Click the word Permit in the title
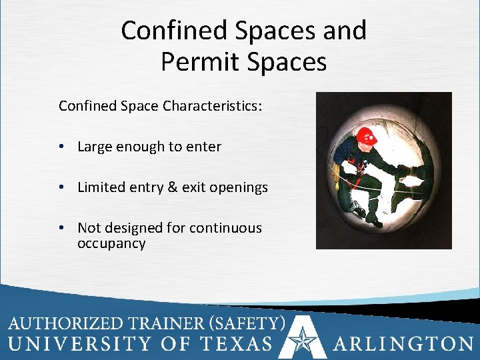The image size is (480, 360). (194, 62)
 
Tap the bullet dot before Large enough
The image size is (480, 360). (61, 147)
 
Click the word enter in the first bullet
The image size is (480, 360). (203, 147)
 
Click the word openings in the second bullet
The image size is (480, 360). (238, 188)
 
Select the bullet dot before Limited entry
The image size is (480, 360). (61, 187)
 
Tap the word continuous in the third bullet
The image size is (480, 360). (225, 228)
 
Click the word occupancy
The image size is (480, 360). (111, 243)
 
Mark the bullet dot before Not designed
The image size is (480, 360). (61, 228)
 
